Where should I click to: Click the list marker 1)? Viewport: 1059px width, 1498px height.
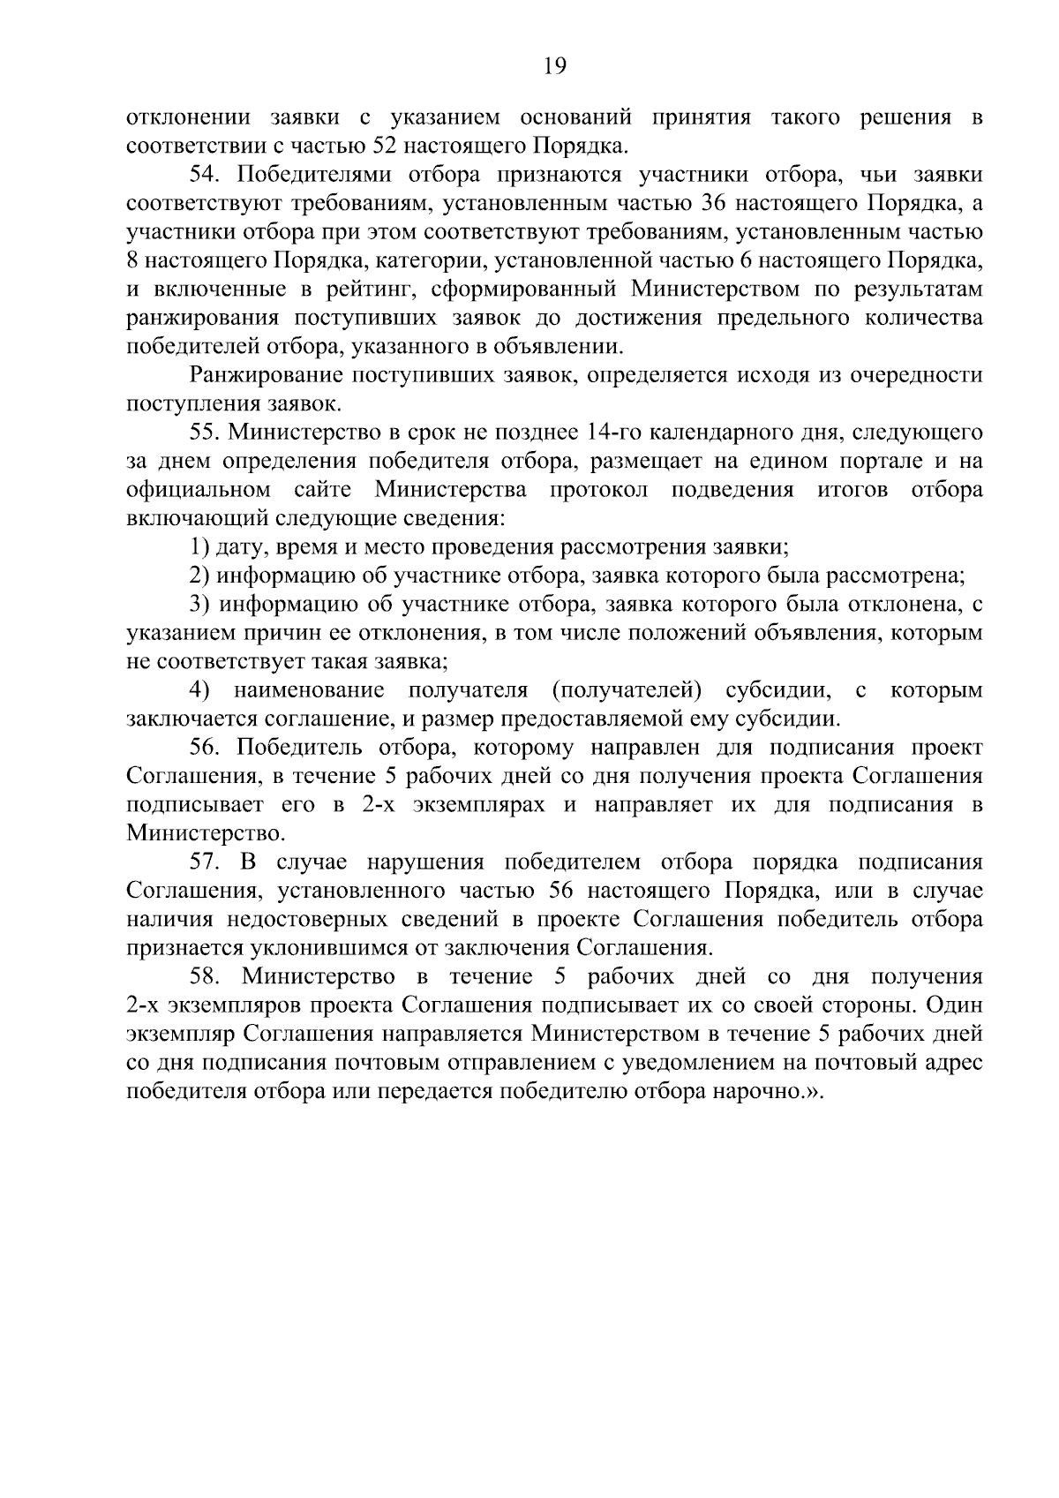tap(199, 547)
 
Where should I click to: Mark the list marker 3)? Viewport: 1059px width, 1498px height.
tap(199, 605)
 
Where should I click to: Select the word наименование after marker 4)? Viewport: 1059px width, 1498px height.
tap(309, 690)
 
